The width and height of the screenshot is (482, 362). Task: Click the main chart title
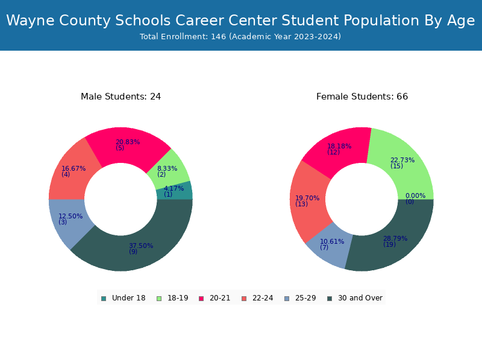[240, 21]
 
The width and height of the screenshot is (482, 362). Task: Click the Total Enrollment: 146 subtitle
[240, 37]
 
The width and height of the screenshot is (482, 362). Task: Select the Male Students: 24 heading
[121, 97]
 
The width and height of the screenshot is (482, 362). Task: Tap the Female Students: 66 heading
[362, 97]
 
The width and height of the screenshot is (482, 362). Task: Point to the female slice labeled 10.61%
[330, 245]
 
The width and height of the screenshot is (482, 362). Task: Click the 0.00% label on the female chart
[415, 195]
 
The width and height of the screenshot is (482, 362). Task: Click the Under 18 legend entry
[124, 298]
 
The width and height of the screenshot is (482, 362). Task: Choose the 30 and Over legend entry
[355, 298]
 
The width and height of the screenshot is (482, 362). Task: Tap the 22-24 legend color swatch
[244, 299]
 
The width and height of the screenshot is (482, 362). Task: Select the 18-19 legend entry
[172, 298]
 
